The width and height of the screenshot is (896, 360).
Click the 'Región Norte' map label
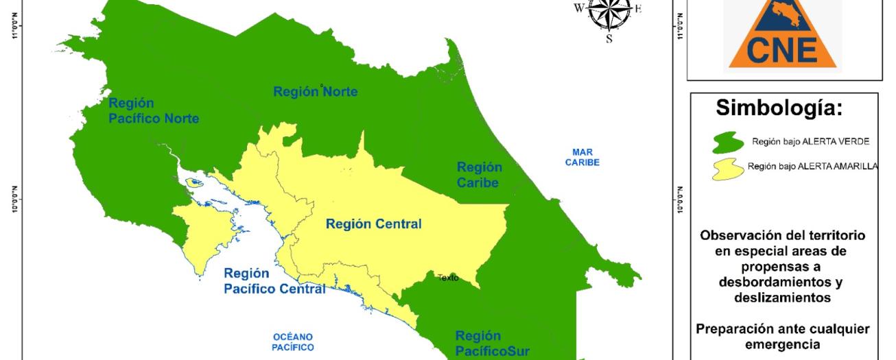[x=315, y=92]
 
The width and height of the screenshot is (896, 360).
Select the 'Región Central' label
[x=373, y=224]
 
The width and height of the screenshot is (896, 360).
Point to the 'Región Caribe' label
[x=479, y=175]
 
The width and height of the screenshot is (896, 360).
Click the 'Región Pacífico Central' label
[x=274, y=280]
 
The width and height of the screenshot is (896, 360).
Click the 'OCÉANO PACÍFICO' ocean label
[x=293, y=341]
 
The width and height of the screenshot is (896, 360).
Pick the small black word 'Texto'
[x=449, y=278]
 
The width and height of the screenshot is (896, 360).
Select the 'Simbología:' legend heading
[x=782, y=110]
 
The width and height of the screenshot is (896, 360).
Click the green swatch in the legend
[x=728, y=142]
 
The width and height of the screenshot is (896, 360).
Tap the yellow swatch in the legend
[x=728, y=168]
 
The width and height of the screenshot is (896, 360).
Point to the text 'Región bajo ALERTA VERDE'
[x=810, y=141]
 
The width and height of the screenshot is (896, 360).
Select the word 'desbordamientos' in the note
[x=782, y=283]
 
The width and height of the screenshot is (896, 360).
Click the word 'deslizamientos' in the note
[x=782, y=298]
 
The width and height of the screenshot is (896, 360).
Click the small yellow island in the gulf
[x=194, y=182]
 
